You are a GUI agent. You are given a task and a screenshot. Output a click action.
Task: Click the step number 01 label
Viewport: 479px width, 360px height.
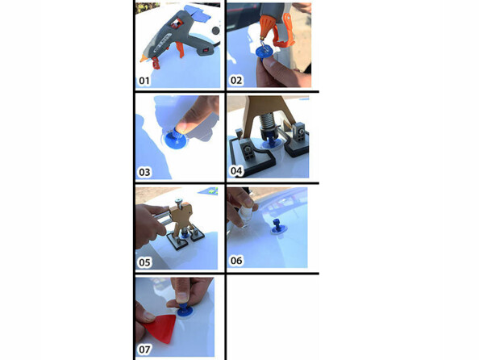pos(144,81)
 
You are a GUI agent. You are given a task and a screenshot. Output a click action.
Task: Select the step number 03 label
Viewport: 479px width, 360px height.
pos(144,172)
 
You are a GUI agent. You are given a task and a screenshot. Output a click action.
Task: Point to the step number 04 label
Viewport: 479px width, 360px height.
pos(236,172)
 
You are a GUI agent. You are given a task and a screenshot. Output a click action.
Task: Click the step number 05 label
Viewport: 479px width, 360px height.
pos(145,262)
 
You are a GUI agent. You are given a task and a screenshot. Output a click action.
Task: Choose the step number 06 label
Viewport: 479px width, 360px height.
pos(236,262)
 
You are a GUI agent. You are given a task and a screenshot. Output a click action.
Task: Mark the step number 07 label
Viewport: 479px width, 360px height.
pos(145,350)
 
